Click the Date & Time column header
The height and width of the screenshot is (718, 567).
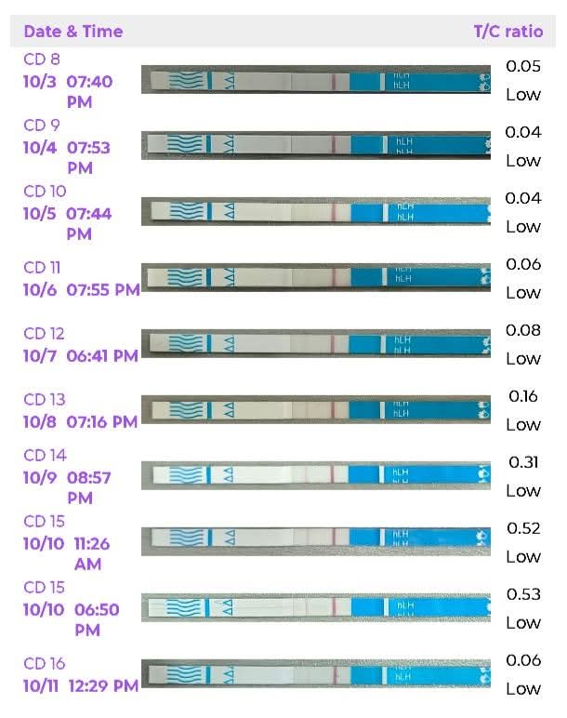[x=73, y=32]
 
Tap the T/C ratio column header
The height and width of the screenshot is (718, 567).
[x=508, y=32]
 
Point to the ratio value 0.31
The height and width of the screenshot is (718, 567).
[x=523, y=462]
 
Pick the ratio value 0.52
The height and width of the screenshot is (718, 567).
[x=523, y=528]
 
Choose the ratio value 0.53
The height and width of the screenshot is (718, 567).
[x=523, y=594]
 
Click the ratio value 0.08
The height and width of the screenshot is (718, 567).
[x=523, y=330]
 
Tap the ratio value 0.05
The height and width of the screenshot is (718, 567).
[x=523, y=66]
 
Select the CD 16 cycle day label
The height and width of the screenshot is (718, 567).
[x=44, y=663]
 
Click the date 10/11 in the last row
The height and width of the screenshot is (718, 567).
[x=42, y=685]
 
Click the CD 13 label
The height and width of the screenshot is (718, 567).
[x=44, y=399]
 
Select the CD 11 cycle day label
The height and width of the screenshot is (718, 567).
[x=42, y=267]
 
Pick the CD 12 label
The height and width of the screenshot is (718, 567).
[x=44, y=333]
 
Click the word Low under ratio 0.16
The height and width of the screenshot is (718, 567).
[x=523, y=424]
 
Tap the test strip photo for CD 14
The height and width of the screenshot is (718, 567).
[x=316, y=475]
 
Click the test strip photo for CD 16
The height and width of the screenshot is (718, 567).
[x=316, y=672]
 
